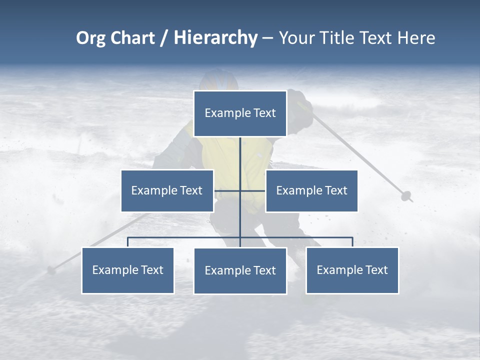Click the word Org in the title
tap(90, 38)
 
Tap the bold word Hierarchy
tap(215, 38)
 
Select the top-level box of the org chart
tap(240, 113)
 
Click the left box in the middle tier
tap(167, 190)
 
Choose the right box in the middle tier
tap(311, 190)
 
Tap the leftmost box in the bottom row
tap(127, 270)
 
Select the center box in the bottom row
tap(240, 271)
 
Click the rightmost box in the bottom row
tap(352, 270)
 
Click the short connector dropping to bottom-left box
tap(127, 242)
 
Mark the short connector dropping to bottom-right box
tap(352, 242)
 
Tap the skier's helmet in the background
tap(218, 80)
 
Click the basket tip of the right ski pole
tap(406, 195)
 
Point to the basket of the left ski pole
tap(51, 270)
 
